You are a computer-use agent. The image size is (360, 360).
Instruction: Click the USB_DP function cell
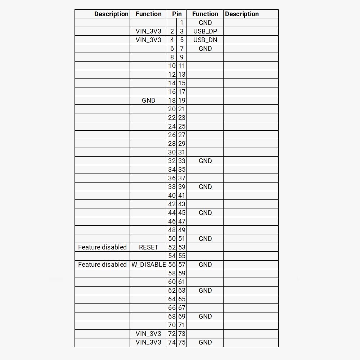tap(205, 31)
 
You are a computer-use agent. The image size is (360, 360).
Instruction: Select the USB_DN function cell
tap(205, 40)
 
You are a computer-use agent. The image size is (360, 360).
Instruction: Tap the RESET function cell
tap(148, 247)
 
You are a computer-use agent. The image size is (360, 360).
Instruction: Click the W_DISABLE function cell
tap(148, 265)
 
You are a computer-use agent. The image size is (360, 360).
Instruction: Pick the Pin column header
tap(177, 14)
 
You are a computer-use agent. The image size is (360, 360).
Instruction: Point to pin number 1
tap(182, 23)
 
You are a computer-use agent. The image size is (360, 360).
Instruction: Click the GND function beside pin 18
tap(148, 100)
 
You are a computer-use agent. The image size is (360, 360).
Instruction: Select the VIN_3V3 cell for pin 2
tap(148, 31)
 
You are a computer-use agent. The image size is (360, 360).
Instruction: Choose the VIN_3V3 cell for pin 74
tap(148, 342)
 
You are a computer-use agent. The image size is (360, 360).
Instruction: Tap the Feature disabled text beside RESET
tap(102, 247)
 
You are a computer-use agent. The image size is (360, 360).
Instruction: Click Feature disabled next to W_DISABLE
tap(102, 265)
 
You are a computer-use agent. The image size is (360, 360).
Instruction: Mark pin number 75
tap(182, 342)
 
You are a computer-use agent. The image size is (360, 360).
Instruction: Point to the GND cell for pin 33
tap(205, 161)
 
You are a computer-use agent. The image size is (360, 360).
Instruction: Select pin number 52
tap(172, 247)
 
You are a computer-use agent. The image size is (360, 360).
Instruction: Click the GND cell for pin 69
tap(205, 316)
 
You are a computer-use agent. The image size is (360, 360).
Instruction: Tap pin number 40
tap(172, 195)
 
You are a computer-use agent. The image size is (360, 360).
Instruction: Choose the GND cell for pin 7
tap(205, 49)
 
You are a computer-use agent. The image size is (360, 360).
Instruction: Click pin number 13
tap(182, 75)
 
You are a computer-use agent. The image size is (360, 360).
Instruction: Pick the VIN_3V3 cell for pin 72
tap(148, 334)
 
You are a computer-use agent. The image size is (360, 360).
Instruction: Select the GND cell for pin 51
tap(205, 239)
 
